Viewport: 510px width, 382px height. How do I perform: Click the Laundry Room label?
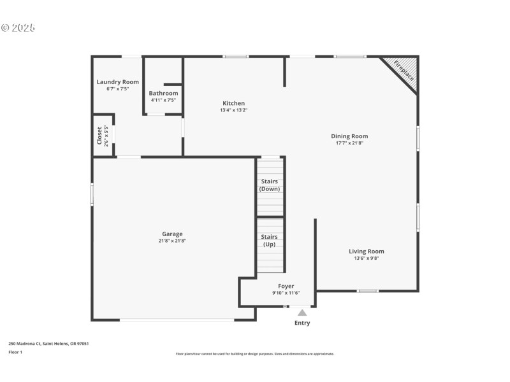coord(117,81)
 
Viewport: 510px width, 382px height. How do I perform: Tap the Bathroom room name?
coord(163,93)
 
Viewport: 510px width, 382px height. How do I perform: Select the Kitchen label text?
coord(233,103)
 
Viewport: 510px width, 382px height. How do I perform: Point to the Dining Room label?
coord(349,136)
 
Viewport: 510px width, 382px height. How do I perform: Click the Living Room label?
coord(366,251)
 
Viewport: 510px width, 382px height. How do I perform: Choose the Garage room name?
coord(172,234)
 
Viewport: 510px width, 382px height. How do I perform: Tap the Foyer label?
coord(286,286)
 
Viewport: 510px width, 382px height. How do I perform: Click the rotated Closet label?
coord(99,136)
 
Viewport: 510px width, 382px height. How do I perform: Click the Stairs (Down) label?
coord(270,185)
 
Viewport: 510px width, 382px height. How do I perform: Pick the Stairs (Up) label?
coord(269,240)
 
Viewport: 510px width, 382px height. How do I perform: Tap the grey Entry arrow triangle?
coord(302,313)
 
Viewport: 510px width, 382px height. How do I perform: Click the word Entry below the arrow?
coord(302,323)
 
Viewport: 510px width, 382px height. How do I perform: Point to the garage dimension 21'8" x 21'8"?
coord(172,241)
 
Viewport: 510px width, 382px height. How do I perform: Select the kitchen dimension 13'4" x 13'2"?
coord(233,110)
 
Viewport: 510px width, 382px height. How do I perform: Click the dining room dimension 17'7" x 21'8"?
coord(349,143)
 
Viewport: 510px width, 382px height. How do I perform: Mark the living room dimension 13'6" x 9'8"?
coord(366,258)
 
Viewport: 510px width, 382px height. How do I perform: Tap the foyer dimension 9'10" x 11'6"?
coord(286,293)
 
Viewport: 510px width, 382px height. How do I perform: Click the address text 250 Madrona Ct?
coord(25,344)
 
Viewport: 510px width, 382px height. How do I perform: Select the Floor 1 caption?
coord(15,352)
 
